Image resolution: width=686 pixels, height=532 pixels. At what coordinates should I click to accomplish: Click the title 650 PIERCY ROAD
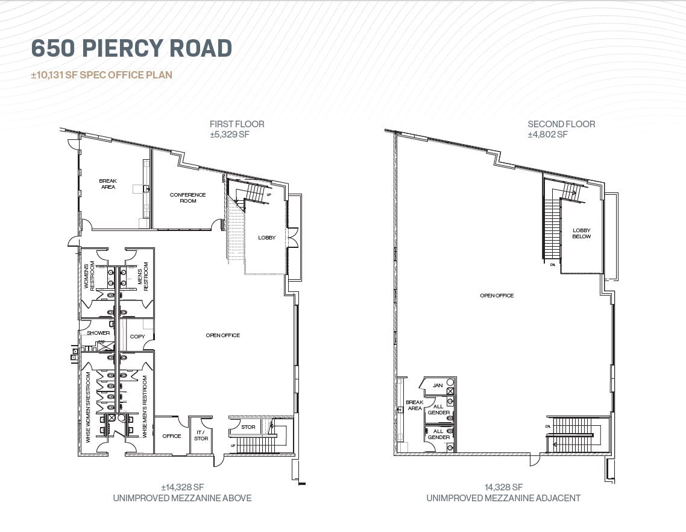point(131,48)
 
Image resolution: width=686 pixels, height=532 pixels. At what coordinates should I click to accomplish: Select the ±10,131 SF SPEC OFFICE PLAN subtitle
point(102,75)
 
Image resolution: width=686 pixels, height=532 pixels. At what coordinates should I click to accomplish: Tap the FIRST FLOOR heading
point(236,124)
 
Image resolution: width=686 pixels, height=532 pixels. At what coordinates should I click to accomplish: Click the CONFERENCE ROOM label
point(187,198)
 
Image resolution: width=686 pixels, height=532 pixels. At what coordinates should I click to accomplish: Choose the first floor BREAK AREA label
point(108,184)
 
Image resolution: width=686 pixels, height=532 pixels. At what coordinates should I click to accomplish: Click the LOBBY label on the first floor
point(266,238)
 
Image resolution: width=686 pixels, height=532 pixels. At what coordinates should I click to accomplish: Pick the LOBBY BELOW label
point(582,233)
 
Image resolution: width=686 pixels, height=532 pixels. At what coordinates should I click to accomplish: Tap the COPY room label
point(137,337)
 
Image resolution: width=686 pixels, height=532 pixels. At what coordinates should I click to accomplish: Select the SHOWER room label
point(98,333)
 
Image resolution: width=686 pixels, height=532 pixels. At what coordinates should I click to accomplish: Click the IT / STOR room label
point(201,435)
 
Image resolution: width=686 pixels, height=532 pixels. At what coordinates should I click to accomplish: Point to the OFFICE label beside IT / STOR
point(171,436)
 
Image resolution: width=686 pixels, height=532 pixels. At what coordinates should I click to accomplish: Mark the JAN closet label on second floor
point(438,385)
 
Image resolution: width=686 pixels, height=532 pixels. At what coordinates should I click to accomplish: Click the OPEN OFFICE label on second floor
point(497,296)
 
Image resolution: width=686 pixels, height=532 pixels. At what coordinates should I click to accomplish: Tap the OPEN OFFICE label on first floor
point(223,335)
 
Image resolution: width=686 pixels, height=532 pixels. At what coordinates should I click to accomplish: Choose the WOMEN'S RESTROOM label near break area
point(89,277)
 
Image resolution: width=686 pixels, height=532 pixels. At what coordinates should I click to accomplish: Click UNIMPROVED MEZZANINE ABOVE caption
point(181,498)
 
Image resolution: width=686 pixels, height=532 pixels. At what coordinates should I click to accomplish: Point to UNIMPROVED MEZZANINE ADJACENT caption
point(503,498)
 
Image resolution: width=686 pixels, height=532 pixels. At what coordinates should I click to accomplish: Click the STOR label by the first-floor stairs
point(248,427)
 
